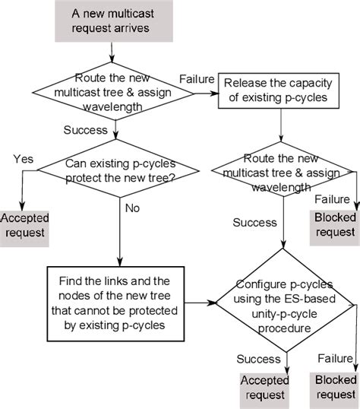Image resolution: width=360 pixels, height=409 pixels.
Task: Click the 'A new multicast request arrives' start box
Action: click(x=112, y=21)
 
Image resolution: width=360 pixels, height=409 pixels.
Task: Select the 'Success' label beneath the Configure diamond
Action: click(x=259, y=357)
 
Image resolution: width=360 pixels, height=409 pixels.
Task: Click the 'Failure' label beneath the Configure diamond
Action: click(x=335, y=357)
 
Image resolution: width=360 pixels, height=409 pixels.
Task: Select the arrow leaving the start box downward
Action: click(x=112, y=52)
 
